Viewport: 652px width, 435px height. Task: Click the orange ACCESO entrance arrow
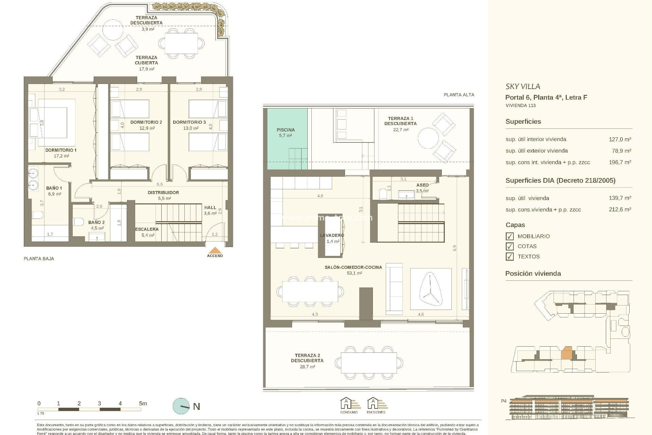coord(215,250)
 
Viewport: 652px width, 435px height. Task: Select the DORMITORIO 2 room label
coord(146,122)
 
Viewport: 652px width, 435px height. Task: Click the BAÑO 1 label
coord(54,188)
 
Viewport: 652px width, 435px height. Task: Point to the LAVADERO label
coord(332,235)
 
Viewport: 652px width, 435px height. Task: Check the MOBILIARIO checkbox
coord(509,236)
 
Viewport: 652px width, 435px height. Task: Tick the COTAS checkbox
coord(509,246)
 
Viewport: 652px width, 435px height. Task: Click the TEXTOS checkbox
coord(509,257)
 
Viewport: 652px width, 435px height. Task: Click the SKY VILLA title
coord(523,87)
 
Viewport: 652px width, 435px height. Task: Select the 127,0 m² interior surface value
coord(620,139)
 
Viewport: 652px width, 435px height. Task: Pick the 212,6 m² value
coord(620,210)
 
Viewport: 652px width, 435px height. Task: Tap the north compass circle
coord(181,406)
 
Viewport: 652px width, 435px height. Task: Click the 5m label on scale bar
coord(143,404)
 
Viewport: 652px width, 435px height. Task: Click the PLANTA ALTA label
coord(459,95)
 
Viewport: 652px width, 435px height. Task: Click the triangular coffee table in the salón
coord(430,289)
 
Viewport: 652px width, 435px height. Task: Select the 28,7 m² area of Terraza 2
coord(307,367)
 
